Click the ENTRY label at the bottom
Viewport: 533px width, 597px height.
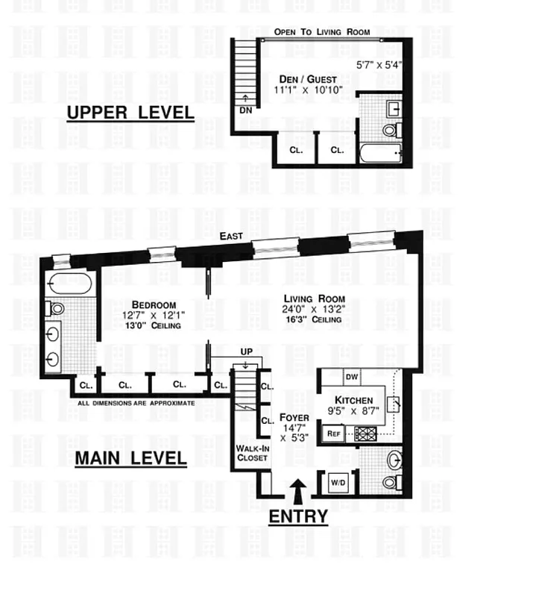298,516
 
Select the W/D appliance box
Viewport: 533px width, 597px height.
338,482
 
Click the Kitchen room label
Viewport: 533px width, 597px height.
353,400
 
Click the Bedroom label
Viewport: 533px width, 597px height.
154,304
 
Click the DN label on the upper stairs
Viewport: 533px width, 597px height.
245,110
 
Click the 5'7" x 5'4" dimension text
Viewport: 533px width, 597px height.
379,65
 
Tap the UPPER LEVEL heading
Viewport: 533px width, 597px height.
130,113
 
